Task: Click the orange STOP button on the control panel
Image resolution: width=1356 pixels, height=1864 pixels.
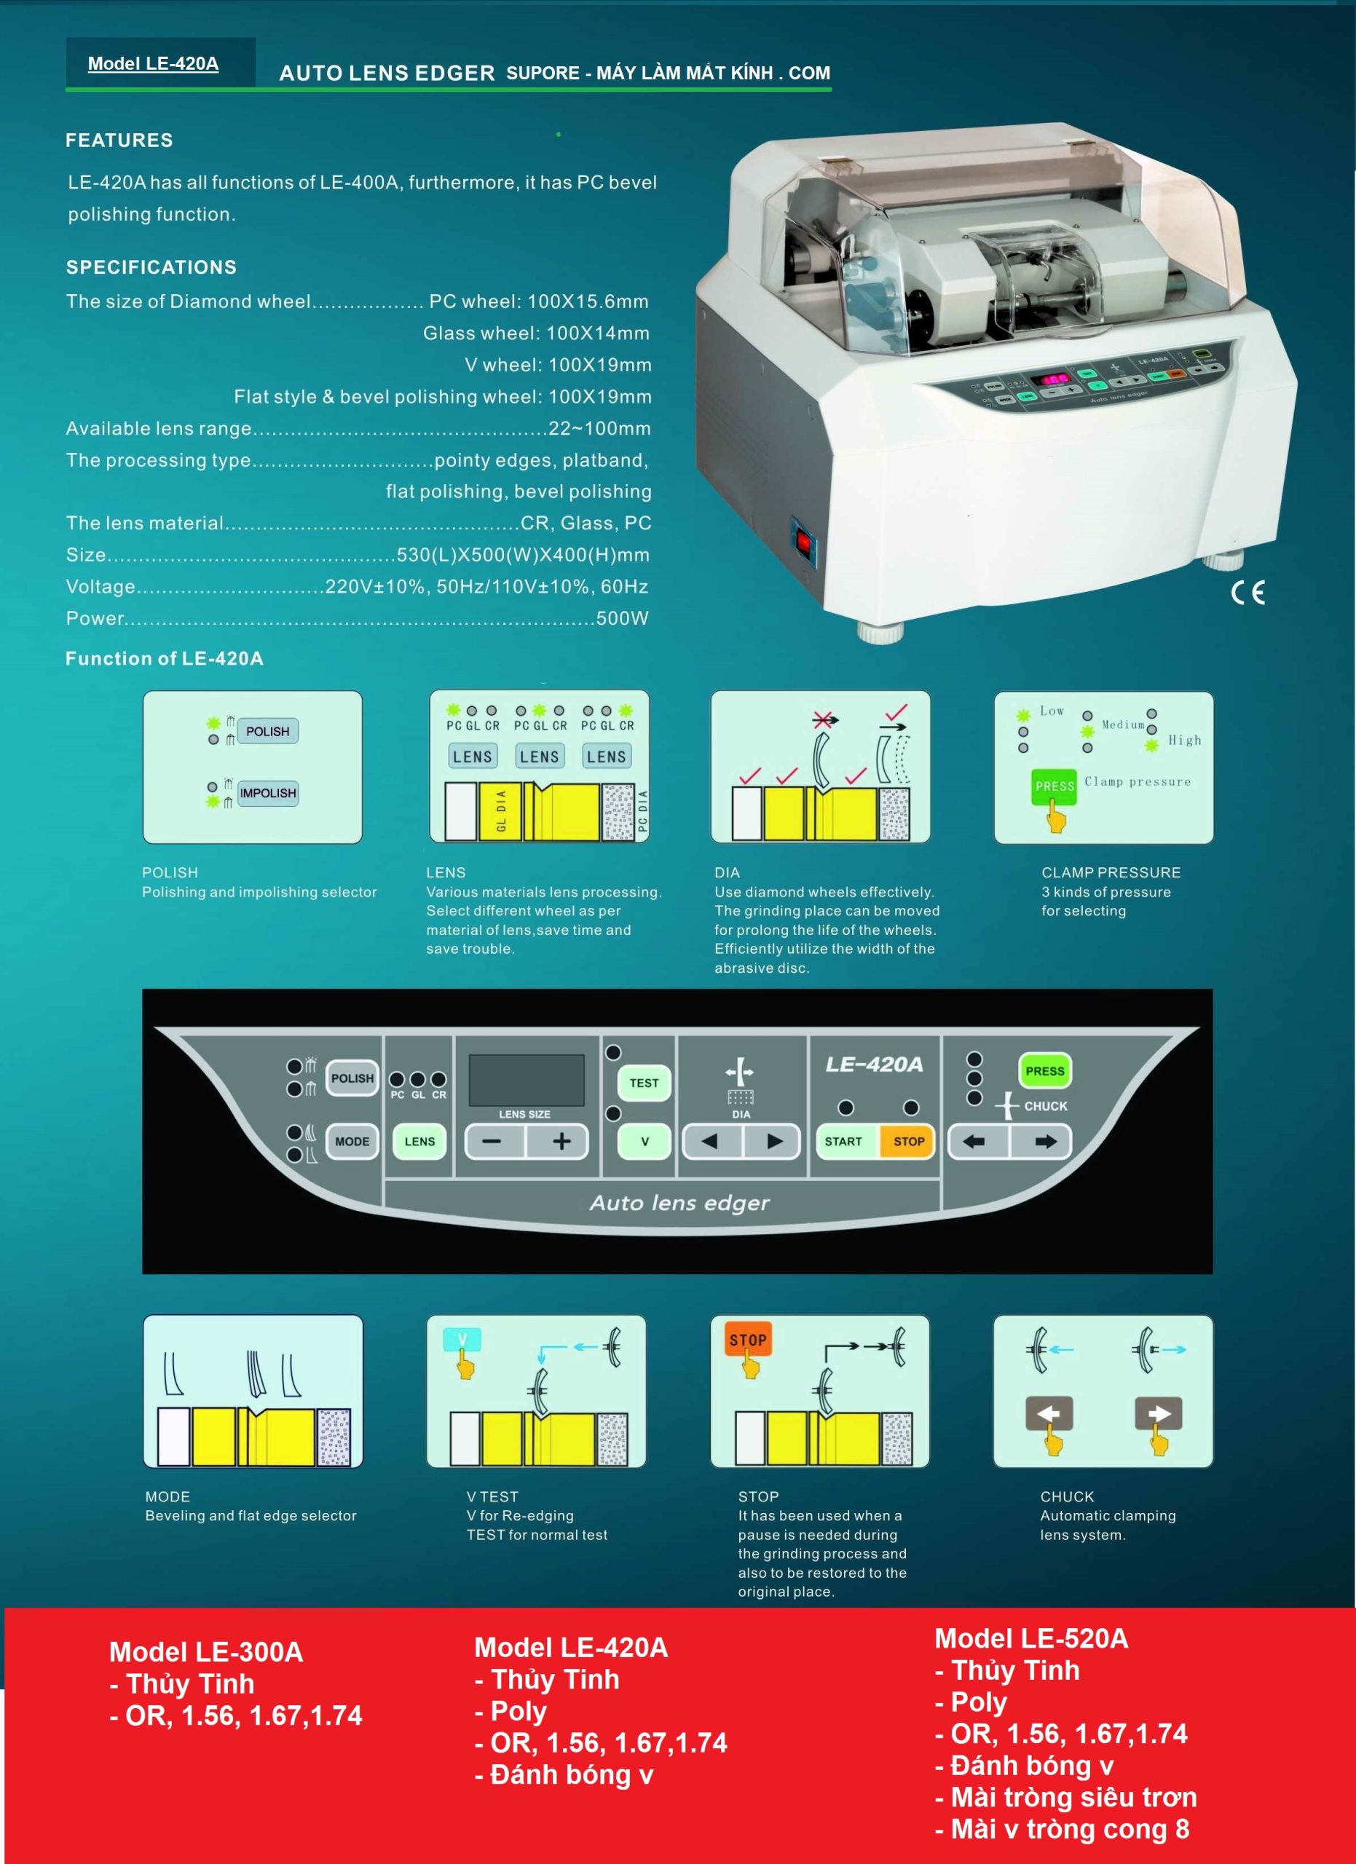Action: (x=908, y=1141)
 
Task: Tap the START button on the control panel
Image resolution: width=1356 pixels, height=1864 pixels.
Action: (x=843, y=1141)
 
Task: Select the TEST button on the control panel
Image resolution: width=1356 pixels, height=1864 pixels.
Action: (x=644, y=1083)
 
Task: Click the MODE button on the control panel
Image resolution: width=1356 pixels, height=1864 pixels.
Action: (x=352, y=1141)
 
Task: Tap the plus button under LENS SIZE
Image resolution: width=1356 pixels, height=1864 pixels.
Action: (x=561, y=1141)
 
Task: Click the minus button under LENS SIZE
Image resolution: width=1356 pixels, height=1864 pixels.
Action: (x=492, y=1141)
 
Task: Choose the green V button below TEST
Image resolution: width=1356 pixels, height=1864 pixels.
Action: (x=645, y=1141)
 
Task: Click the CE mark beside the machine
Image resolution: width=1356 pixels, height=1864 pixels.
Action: (x=1247, y=592)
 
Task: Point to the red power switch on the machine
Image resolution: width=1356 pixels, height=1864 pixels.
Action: (x=804, y=542)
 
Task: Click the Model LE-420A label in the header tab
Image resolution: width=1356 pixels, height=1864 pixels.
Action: (x=153, y=63)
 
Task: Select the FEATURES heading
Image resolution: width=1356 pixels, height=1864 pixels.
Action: (x=119, y=140)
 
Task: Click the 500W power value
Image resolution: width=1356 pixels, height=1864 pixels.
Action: (x=622, y=618)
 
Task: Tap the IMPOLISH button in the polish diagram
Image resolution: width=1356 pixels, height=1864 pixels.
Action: (x=267, y=792)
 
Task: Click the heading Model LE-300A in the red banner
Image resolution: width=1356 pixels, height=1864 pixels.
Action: (x=205, y=1652)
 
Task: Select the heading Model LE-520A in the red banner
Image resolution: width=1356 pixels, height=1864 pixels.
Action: (x=1030, y=1638)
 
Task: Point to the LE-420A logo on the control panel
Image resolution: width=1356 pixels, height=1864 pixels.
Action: (x=874, y=1065)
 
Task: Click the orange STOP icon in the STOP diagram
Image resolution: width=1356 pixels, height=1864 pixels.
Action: (x=747, y=1340)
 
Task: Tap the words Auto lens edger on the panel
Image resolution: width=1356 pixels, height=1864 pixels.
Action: (x=679, y=1202)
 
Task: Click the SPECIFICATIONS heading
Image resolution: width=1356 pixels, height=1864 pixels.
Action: (x=151, y=267)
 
